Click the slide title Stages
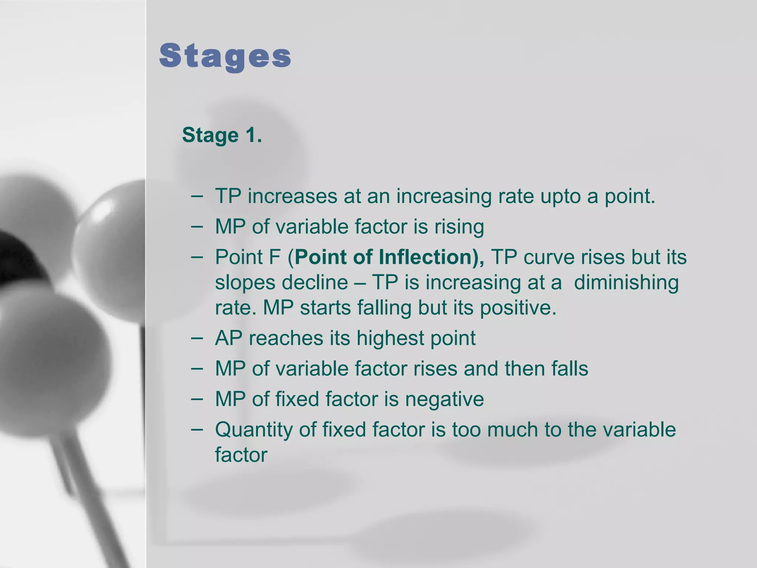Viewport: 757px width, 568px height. [225, 57]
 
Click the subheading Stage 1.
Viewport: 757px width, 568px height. [222, 135]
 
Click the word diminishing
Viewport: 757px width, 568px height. [626, 283]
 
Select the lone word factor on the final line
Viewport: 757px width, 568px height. [241, 455]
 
